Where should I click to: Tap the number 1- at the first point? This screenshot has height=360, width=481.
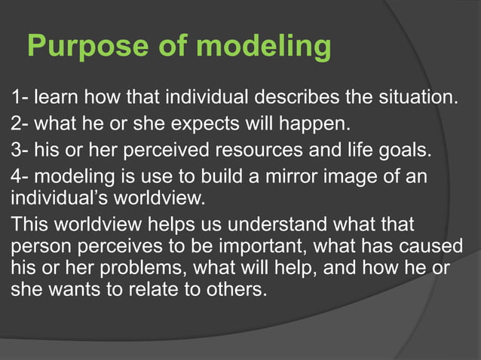coord(18,97)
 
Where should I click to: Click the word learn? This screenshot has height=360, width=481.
coord(56,97)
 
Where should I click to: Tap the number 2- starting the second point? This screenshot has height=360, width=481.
coord(18,123)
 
